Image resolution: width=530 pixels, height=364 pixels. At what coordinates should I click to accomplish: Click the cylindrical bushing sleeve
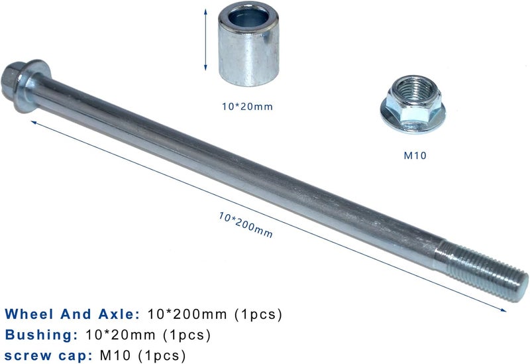coord(249,44)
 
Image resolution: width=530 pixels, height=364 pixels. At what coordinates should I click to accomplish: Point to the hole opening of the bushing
coord(248,19)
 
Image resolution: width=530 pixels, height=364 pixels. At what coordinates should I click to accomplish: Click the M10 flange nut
coord(413,104)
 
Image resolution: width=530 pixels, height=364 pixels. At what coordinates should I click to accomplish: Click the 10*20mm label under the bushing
coord(247,107)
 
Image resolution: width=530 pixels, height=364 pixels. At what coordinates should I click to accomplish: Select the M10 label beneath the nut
coord(415,156)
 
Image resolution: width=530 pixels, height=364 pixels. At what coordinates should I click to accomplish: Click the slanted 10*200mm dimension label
coord(245,225)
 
